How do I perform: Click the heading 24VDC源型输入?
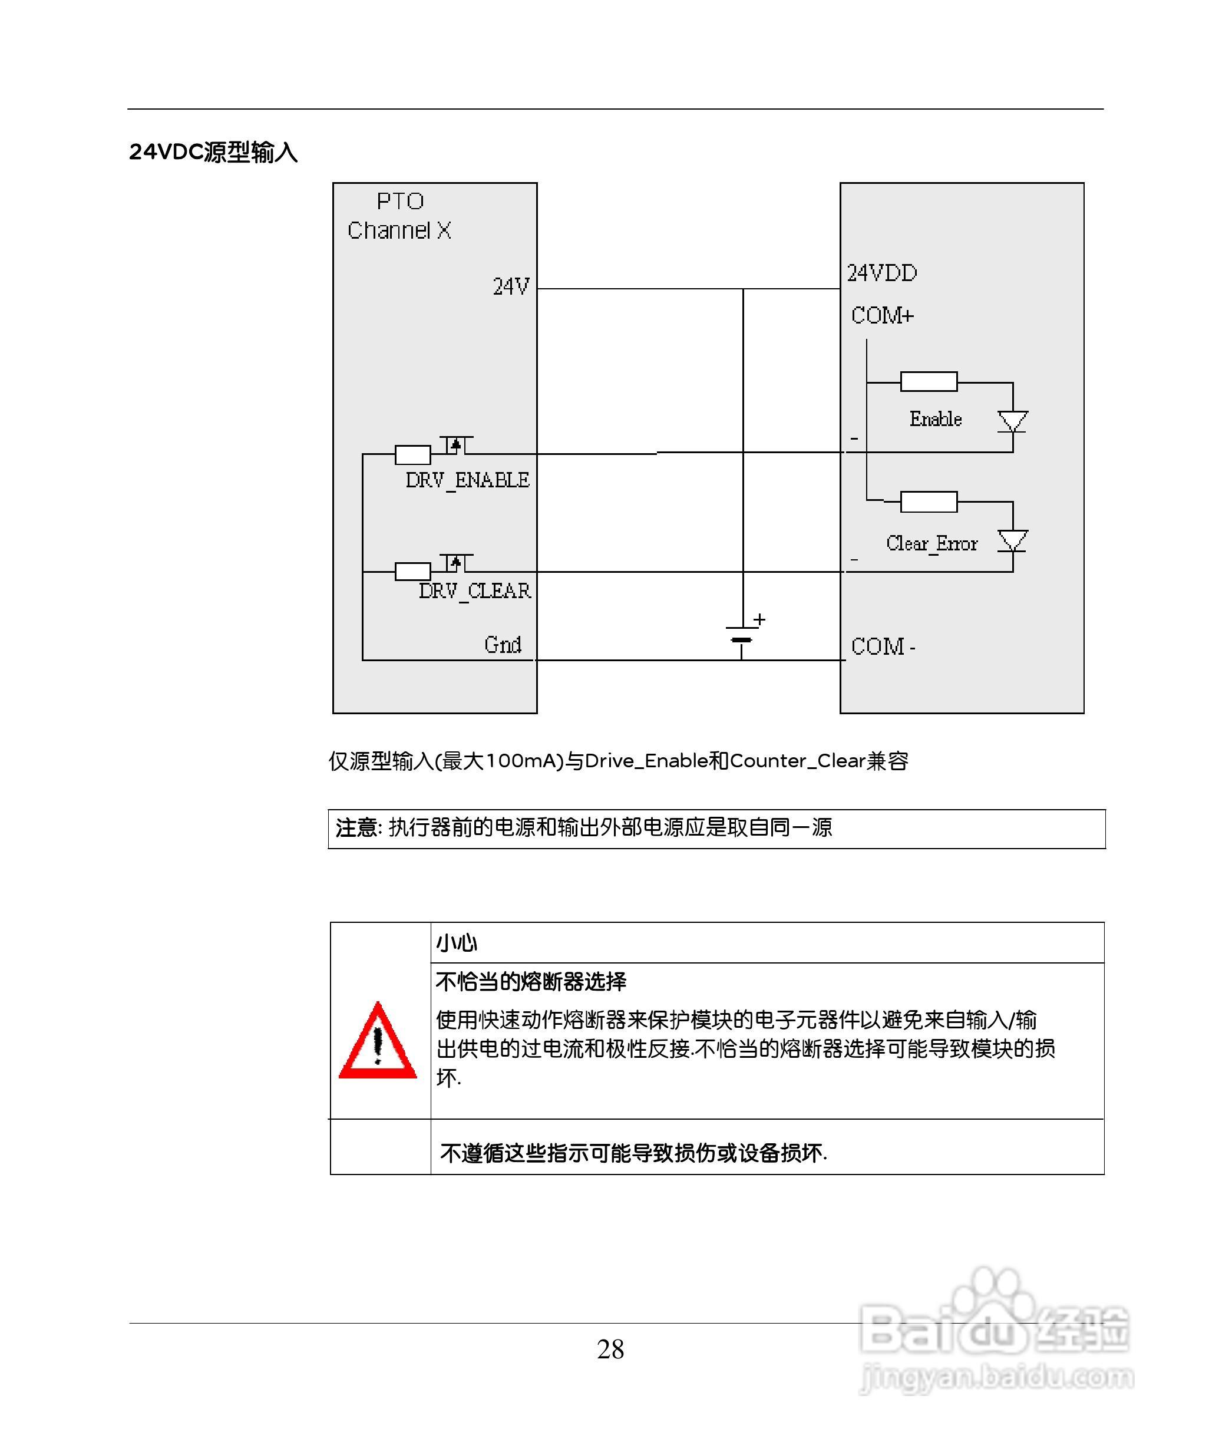pyautogui.click(x=213, y=152)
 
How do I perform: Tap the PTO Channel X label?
pyautogui.click(x=399, y=216)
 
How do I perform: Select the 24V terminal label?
pyautogui.click(x=511, y=286)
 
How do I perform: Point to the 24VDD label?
pyautogui.click(x=881, y=273)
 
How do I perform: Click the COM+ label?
pyautogui.click(x=882, y=315)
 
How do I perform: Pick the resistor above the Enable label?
pyautogui.click(x=928, y=381)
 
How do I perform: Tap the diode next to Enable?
pyautogui.click(x=1012, y=421)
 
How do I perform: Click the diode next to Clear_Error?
pyautogui.click(x=1012, y=541)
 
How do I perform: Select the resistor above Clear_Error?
pyautogui.click(x=928, y=502)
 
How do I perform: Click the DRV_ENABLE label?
pyautogui.click(x=467, y=480)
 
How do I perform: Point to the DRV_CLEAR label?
pyautogui.click(x=475, y=591)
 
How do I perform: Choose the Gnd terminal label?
pyautogui.click(x=503, y=645)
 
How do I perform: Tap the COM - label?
pyautogui.click(x=883, y=647)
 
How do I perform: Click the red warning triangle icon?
pyautogui.click(x=377, y=1042)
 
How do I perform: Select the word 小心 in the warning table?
pyautogui.click(x=455, y=943)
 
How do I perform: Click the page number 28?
pyautogui.click(x=610, y=1350)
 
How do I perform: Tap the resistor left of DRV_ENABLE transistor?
pyautogui.click(x=412, y=454)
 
